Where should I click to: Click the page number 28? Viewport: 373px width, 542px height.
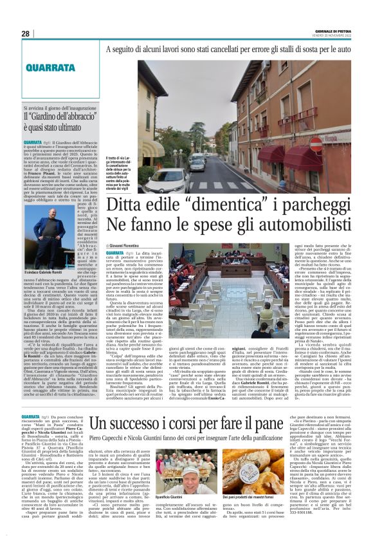pos(25,33)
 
